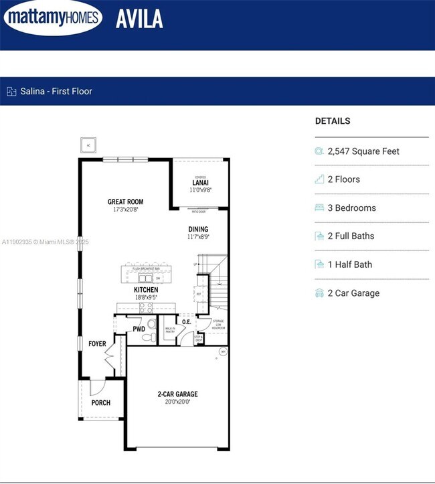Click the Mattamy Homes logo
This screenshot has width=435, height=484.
pos(54,18)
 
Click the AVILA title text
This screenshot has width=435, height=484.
pos(139,19)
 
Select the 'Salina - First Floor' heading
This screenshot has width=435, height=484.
pos(56,91)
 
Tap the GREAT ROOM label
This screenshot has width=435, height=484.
pos(125,201)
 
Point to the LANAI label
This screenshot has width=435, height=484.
pos(200,182)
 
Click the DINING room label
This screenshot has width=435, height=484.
pos(198,229)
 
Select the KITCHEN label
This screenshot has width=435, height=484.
pos(145,290)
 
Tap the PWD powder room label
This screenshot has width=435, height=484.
pos(139,329)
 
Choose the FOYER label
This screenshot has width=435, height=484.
pos(97,344)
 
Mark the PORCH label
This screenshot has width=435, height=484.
pos(100,403)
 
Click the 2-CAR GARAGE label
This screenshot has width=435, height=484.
pos(177,394)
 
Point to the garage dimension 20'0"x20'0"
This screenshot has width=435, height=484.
pos(177,402)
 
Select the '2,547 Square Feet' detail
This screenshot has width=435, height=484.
pos(363,151)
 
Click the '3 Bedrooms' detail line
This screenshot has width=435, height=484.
pos(351,208)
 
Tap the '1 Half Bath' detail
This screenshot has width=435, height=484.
pos(349,264)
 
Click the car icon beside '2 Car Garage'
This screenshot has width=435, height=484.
pos(319,293)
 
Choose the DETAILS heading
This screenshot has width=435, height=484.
pos(333,121)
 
